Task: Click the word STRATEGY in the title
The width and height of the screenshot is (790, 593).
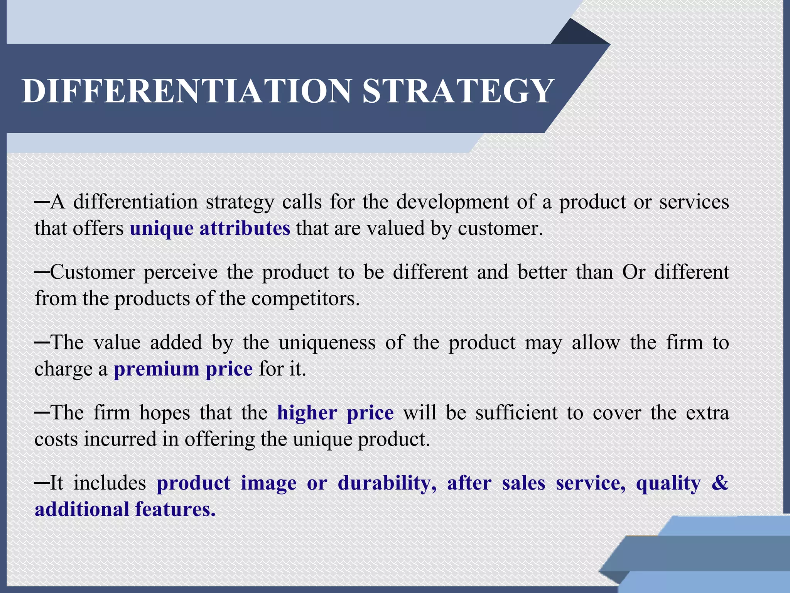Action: click(x=458, y=91)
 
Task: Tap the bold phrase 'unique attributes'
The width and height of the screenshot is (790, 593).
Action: click(x=210, y=228)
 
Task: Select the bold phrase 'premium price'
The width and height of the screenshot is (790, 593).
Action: click(x=183, y=369)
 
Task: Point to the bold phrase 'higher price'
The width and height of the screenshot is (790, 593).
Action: click(x=335, y=412)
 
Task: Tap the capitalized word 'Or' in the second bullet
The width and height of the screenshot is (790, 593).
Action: click(x=633, y=272)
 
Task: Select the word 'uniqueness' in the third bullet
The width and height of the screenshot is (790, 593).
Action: click(x=327, y=342)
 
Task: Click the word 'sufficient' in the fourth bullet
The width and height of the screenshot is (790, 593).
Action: click(x=517, y=412)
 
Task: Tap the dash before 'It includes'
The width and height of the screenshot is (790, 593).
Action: click(x=42, y=483)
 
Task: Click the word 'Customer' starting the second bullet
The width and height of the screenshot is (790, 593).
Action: click(x=93, y=272)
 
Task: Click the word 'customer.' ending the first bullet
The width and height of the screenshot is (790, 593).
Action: click(x=500, y=228)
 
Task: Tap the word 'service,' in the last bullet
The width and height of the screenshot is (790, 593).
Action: click(x=591, y=483)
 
